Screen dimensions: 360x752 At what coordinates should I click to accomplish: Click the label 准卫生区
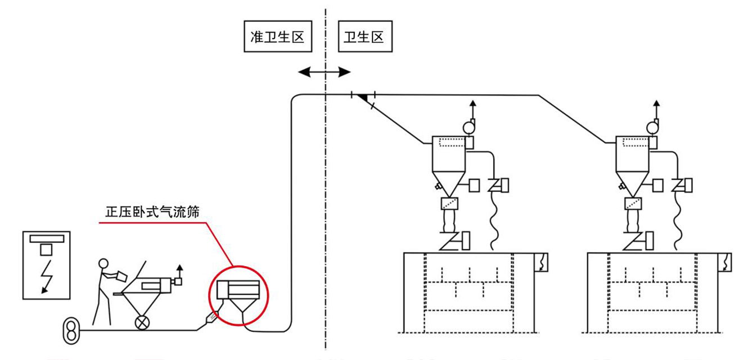tap(277, 37)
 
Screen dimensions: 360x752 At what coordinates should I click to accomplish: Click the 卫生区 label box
tap(364, 37)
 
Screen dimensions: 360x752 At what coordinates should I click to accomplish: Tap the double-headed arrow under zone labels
tap(324, 71)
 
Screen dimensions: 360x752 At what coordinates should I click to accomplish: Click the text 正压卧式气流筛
tap(153, 212)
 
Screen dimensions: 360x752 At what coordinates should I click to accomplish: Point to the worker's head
tap(102, 263)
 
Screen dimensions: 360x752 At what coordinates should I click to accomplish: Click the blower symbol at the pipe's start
tap(71, 330)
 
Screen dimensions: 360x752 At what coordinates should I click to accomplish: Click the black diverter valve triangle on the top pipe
tap(364, 99)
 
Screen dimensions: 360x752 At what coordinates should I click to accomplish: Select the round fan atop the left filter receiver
tap(469, 127)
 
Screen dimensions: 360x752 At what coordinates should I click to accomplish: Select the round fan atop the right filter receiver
tap(652, 127)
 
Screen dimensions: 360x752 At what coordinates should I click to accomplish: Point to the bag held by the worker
tap(119, 276)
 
